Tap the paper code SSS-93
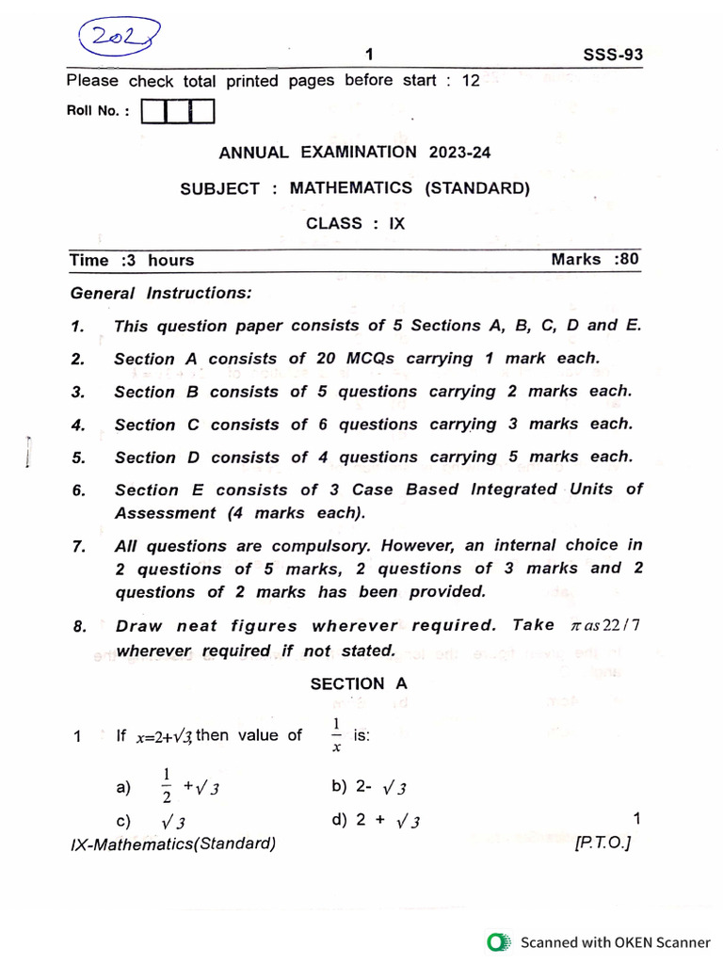(614, 55)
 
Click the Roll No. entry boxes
(177, 112)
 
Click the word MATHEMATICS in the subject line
(350, 188)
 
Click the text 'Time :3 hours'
(131, 261)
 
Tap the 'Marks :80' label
(594, 259)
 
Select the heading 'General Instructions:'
(161, 294)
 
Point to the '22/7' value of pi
(632, 626)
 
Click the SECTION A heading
(359, 684)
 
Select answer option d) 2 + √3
(376, 821)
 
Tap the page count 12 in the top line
(470, 81)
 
